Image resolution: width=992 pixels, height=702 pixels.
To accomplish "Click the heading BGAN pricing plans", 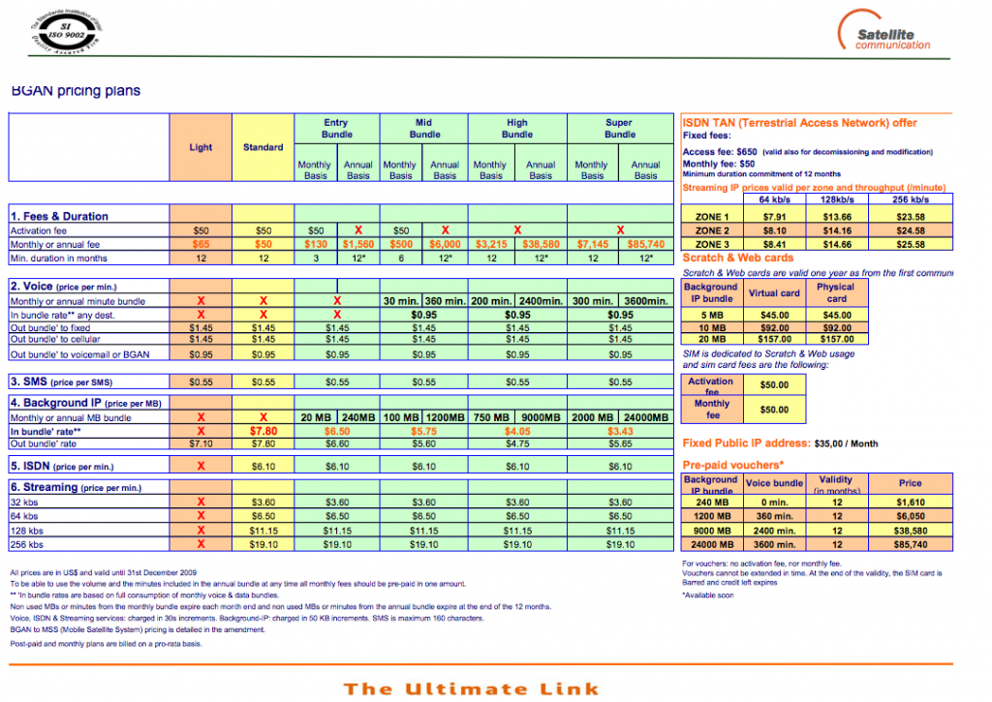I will pyautogui.click(x=76, y=91).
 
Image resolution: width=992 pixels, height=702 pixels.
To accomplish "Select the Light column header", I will pyautogui.click(x=201, y=147).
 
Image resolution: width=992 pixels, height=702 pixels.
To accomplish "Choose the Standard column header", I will pyautogui.click(x=263, y=147).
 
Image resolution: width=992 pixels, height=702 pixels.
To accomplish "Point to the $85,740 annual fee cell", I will pyautogui.click(x=646, y=245).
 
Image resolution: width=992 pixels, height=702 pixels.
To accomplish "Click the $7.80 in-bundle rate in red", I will pyautogui.click(x=263, y=431).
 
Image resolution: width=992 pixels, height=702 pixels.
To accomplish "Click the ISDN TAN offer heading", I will pyautogui.click(x=799, y=123).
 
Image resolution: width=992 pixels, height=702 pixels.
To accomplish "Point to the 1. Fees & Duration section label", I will pyautogui.click(x=59, y=216).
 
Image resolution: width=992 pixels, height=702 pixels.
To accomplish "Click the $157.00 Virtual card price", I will pyautogui.click(x=775, y=339).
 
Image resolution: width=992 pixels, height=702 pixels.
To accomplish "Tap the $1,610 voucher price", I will pyautogui.click(x=910, y=504).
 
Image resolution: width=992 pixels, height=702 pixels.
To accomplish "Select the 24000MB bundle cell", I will pyautogui.click(x=646, y=417).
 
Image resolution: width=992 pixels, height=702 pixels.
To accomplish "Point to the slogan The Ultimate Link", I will pyautogui.click(x=472, y=688).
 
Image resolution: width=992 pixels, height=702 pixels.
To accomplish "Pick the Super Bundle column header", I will pyautogui.click(x=619, y=129).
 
